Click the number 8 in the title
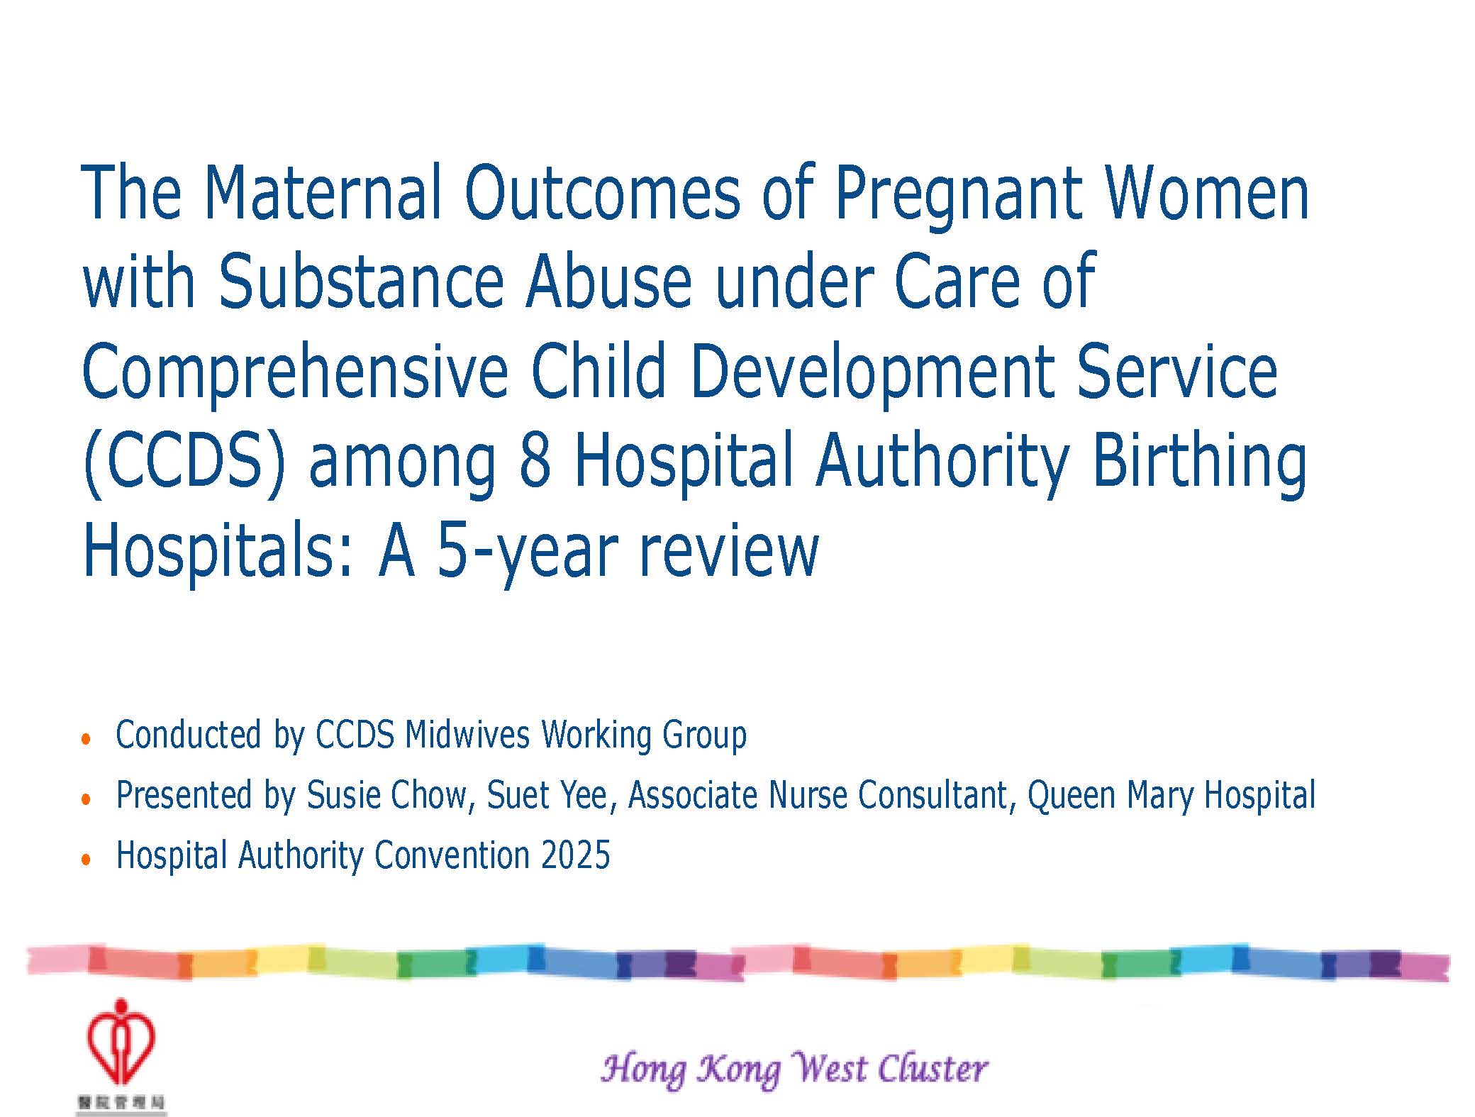pos(535,461)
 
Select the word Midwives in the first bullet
pos(467,734)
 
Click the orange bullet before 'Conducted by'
pos(87,739)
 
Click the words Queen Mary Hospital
pos(1171,795)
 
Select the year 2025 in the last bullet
pos(575,855)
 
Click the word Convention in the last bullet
pos(452,855)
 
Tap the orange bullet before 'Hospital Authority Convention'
pos(87,860)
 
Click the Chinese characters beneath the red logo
pos(121,1103)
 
